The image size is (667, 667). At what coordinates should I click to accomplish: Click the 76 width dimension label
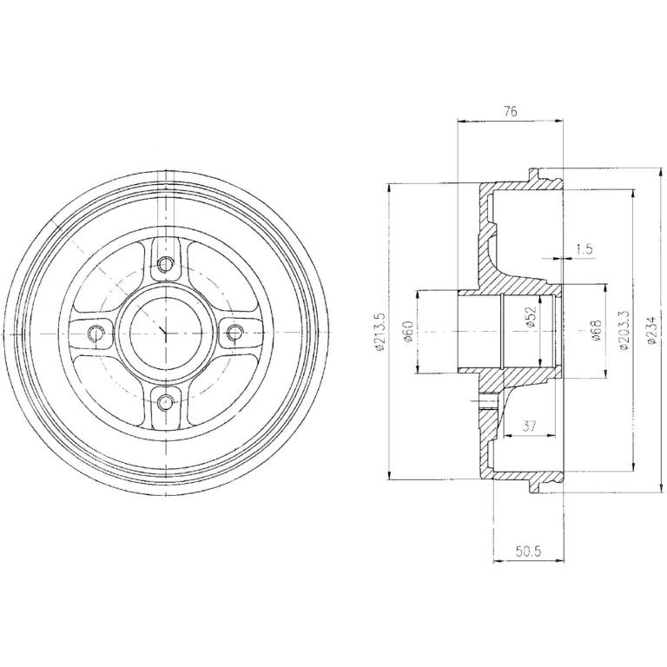coord(510,112)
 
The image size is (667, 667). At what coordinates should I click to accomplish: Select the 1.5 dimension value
coord(584,249)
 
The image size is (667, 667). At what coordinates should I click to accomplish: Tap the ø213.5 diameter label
coord(380,332)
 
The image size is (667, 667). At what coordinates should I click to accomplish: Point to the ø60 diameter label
coord(408,332)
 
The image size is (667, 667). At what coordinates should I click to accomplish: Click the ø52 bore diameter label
coord(531,317)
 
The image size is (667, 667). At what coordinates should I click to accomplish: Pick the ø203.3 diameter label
coord(624,331)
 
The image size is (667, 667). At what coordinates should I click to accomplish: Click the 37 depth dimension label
coord(529,426)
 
